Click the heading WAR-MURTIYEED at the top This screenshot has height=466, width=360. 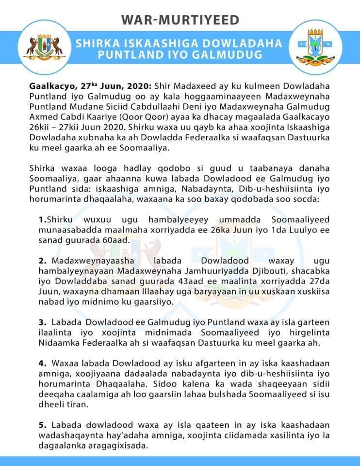point(180,19)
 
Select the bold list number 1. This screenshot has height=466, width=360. point(42,220)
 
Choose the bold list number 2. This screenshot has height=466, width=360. point(43,260)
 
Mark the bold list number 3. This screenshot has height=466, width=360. point(43,322)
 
